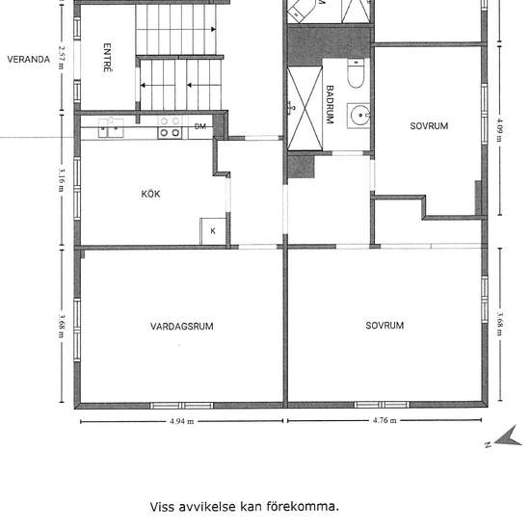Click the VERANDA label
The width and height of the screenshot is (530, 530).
pyautogui.click(x=28, y=59)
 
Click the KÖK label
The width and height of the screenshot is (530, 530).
pyautogui.click(x=150, y=194)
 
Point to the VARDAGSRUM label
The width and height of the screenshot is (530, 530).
pyautogui.click(x=181, y=326)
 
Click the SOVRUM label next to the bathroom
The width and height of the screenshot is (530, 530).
pyautogui.click(x=429, y=126)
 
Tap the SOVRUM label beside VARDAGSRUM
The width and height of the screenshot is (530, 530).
pyautogui.click(x=384, y=326)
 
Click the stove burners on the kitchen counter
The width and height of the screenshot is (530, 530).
pyautogui.click(x=170, y=127)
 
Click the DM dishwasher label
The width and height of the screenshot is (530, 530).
pyautogui.click(x=200, y=126)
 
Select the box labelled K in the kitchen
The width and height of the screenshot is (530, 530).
pyautogui.click(x=213, y=231)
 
